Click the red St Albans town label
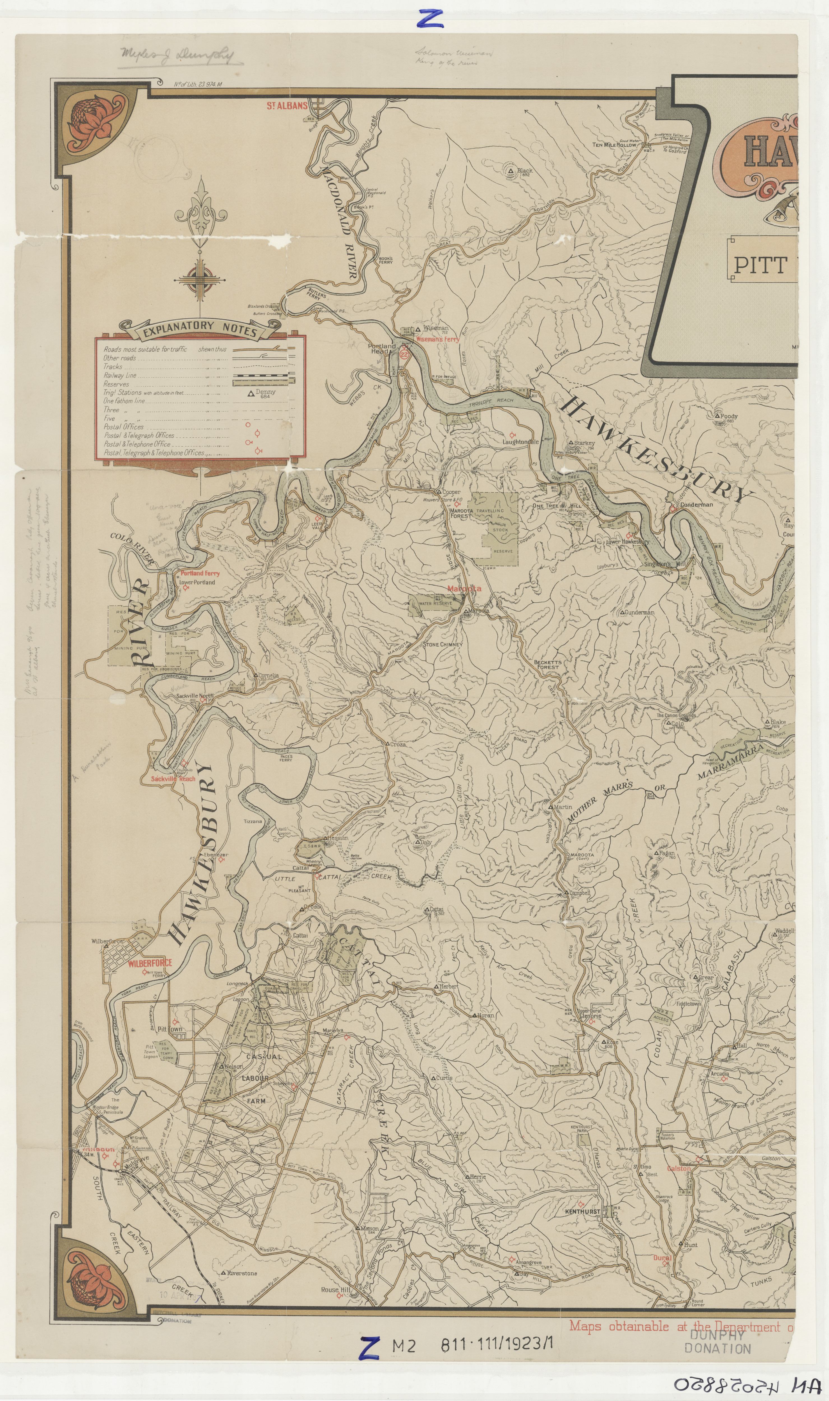287,105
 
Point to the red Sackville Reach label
173,778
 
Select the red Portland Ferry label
200,573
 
